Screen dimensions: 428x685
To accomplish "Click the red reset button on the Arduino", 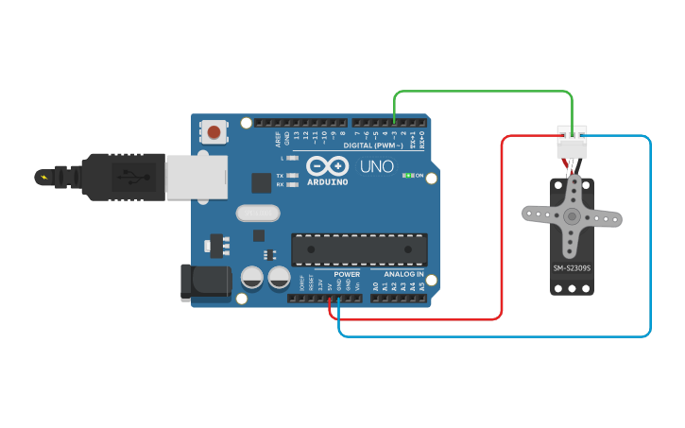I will [215, 132].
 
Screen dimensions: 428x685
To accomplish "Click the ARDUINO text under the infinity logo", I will [327, 180].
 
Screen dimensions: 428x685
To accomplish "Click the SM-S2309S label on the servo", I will [572, 268].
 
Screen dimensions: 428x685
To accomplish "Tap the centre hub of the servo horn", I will [572, 216].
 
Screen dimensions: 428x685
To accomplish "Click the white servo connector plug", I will [572, 144].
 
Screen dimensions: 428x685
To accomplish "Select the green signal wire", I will [482, 92].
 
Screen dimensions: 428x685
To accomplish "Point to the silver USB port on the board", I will [197, 177].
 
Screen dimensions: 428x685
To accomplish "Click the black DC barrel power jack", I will [204, 282].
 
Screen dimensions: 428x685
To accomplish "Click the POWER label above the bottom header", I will [347, 274].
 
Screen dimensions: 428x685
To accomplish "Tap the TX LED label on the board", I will [280, 176].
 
